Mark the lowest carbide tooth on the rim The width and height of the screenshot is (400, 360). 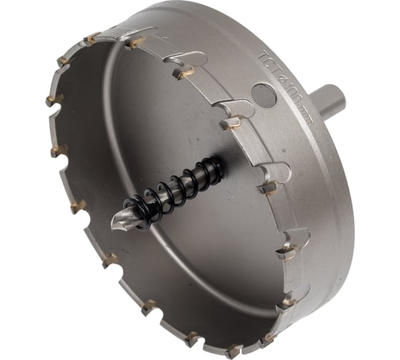coord(234,351)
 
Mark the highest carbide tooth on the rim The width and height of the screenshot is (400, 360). coord(91,37)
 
